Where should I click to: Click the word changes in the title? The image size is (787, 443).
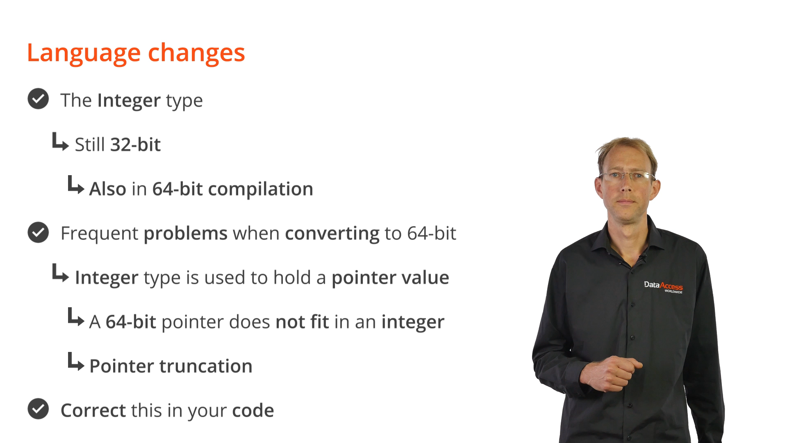pos(196,53)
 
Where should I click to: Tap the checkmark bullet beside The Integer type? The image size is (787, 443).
pos(38,99)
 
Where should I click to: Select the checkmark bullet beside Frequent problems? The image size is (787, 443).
pos(38,233)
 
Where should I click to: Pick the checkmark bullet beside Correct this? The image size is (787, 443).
pos(38,409)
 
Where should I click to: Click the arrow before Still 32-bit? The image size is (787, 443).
pos(60,142)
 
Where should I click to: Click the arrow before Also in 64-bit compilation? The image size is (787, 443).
pos(76,185)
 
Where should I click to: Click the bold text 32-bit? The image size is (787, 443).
pos(136,144)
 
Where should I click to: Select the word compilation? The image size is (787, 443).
pos(261,190)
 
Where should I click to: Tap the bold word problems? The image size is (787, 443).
pos(185,234)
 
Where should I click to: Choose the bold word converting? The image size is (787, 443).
pos(332,234)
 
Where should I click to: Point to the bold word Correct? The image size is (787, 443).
pos(93,411)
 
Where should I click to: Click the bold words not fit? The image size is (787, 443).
pos(303,322)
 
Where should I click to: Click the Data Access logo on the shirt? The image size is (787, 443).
pos(663,287)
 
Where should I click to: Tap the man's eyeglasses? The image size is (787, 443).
pos(627,176)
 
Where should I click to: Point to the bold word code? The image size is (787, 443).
pos(253,411)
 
